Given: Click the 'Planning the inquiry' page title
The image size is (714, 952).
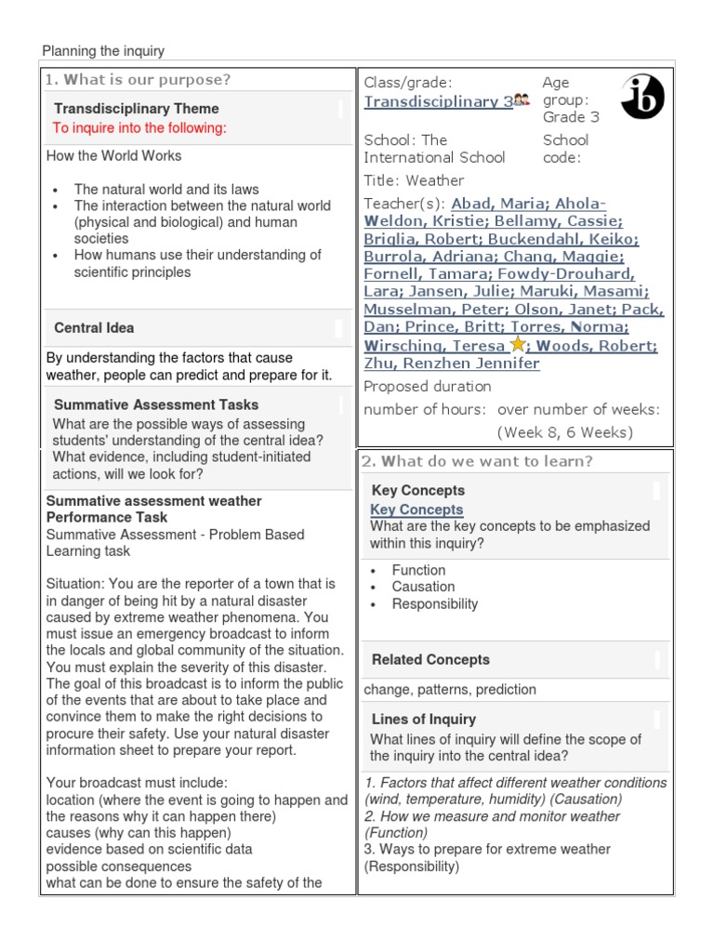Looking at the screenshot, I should click(x=103, y=51).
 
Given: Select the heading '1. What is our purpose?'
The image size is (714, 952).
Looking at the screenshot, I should click(x=139, y=80).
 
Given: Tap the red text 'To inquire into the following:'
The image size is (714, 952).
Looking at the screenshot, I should click(x=139, y=128).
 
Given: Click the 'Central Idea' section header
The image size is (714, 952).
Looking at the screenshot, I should click(x=94, y=328).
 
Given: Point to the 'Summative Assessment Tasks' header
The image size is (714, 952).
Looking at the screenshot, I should click(x=156, y=405).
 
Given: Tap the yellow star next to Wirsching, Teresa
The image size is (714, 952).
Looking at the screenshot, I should click(x=518, y=345).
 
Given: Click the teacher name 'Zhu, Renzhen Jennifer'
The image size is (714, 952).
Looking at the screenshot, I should click(x=451, y=364).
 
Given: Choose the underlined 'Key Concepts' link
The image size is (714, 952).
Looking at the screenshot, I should click(x=416, y=509).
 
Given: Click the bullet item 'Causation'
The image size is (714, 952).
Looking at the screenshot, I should click(x=423, y=587).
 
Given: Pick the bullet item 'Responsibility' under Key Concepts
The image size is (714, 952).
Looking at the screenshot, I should click(x=434, y=603).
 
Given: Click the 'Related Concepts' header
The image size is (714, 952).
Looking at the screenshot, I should click(x=430, y=660).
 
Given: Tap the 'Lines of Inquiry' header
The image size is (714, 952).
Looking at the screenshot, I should click(x=424, y=720).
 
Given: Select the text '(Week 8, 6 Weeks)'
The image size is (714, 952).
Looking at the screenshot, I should click(x=565, y=432).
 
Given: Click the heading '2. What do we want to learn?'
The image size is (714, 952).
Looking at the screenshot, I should click(x=478, y=461).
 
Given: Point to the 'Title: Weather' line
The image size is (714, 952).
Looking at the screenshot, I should click(x=414, y=180).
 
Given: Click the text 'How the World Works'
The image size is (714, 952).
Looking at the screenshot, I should click(x=114, y=156).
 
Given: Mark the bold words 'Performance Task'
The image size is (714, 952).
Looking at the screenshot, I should click(x=107, y=517).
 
